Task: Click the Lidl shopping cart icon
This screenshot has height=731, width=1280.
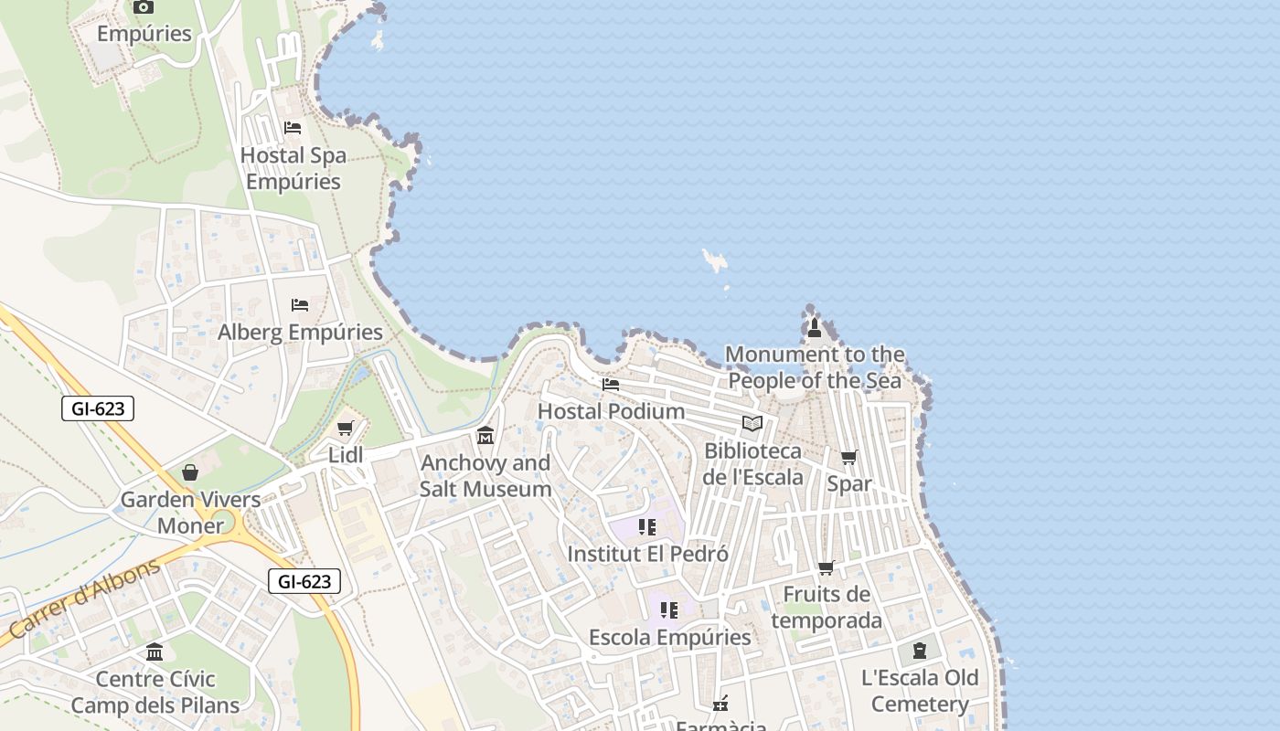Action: [346, 429]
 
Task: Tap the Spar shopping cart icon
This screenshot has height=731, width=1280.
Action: [849, 457]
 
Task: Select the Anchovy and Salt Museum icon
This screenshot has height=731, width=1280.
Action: [485, 435]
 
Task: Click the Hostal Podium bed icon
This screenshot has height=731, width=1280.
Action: [611, 385]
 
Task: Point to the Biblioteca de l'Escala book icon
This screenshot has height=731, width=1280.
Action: [752, 423]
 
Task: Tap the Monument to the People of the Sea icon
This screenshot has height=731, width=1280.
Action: [815, 327]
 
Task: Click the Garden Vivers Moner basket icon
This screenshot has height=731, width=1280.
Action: [190, 471]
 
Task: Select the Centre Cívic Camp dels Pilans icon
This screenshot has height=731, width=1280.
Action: [155, 652]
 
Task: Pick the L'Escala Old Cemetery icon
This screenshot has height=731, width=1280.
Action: [920, 651]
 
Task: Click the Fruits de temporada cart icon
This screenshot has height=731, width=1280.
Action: [827, 567]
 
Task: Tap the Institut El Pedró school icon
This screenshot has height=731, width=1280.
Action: [647, 526]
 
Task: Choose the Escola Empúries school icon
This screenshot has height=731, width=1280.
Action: [669, 609]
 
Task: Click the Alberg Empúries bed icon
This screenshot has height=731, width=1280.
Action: [300, 304]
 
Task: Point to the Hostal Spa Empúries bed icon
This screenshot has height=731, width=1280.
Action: [293, 127]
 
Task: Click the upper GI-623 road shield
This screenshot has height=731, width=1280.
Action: [98, 408]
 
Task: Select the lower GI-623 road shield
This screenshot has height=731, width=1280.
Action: [304, 581]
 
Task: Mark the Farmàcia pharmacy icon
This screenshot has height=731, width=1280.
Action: [720, 703]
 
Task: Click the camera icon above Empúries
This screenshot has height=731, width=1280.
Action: [144, 7]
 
